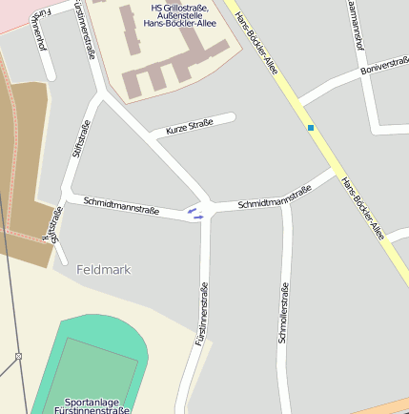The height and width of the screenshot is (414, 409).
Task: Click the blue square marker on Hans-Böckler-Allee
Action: pos(310,127)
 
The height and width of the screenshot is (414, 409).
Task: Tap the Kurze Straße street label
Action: pos(189,127)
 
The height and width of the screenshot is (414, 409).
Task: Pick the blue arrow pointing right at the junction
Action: pos(198,217)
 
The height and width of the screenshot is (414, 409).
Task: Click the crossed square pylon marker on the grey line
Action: pos(18,357)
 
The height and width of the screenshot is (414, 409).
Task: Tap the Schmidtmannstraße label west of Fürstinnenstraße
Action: pos(121,203)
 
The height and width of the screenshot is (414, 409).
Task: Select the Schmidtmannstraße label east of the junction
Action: pos(275,197)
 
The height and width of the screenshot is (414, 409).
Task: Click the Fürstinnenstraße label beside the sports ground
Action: pos(202,314)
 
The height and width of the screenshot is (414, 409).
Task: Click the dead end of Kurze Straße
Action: pos(232,117)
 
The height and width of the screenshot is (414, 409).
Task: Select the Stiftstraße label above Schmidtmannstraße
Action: pos(79,137)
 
